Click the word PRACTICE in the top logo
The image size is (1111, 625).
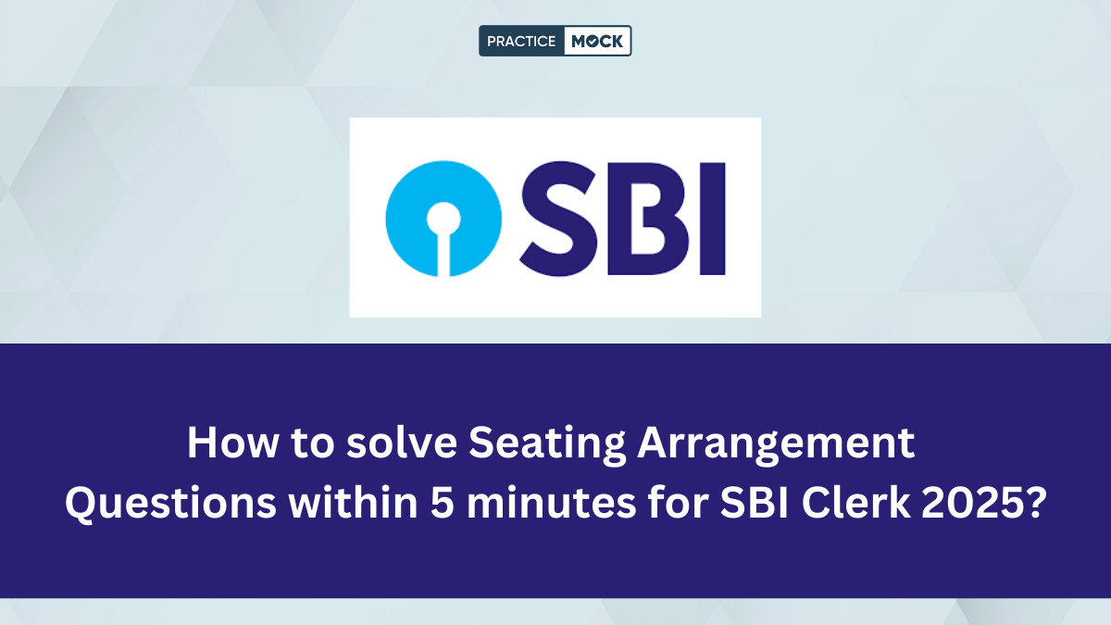(520, 41)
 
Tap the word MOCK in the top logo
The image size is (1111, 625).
(597, 41)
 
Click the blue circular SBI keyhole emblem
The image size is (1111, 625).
(443, 219)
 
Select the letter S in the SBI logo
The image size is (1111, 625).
(558, 219)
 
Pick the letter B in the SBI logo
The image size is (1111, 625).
(648, 219)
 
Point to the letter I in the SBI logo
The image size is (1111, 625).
(712, 219)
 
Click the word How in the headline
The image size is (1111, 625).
(232, 443)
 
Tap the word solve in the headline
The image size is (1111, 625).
(401, 442)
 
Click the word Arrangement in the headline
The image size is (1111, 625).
(776, 445)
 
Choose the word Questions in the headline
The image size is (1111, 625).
(170, 503)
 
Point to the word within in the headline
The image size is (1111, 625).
(353, 502)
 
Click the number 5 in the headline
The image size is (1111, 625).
(442, 503)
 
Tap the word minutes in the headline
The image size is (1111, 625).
(552, 503)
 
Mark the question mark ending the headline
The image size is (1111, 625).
(1033, 503)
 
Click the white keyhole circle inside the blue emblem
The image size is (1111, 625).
(443, 219)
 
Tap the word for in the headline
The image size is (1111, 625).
(678, 502)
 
